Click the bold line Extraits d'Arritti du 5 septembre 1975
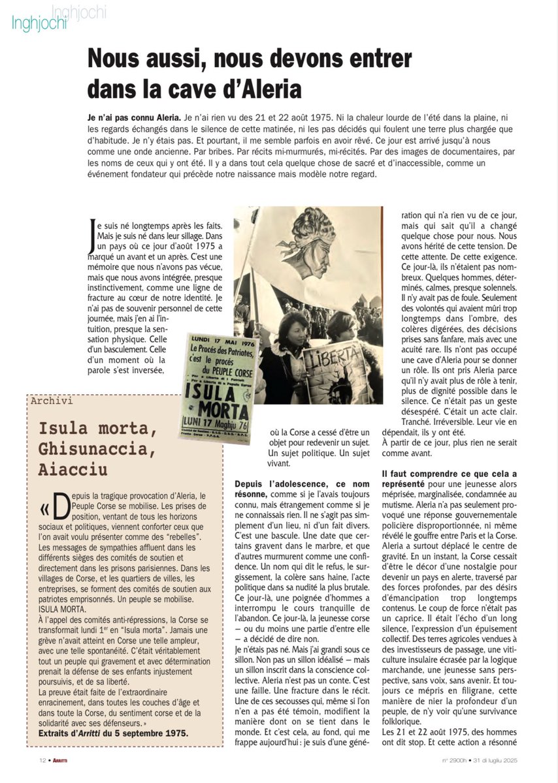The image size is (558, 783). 108,733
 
